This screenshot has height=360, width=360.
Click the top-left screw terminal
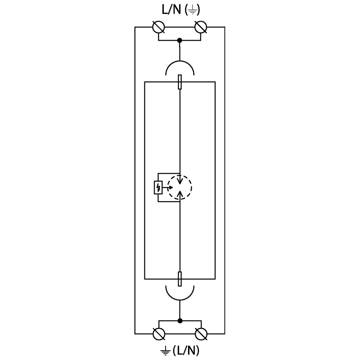click(x=158, y=27)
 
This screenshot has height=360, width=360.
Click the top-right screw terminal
click(x=201, y=27)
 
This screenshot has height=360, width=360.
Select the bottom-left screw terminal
click(x=159, y=334)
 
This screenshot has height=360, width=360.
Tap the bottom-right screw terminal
click(x=201, y=334)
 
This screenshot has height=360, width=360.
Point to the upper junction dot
click(x=180, y=40)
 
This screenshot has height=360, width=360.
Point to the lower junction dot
click(x=180, y=321)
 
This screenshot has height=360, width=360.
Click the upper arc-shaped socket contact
click(x=180, y=61)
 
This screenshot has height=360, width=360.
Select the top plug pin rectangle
click(x=180, y=82)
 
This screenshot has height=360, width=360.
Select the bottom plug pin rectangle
click(x=180, y=279)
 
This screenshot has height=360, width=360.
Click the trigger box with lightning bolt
click(x=158, y=188)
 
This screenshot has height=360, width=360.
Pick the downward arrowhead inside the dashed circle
click(x=180, y=180)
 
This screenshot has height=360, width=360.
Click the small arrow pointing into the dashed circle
click(x=168, y=187)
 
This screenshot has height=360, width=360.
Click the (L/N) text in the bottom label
click(x=186, y=350)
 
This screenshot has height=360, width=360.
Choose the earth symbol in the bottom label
click(x=165, y=351)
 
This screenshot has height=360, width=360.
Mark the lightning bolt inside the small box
click(x=158, y=188)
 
